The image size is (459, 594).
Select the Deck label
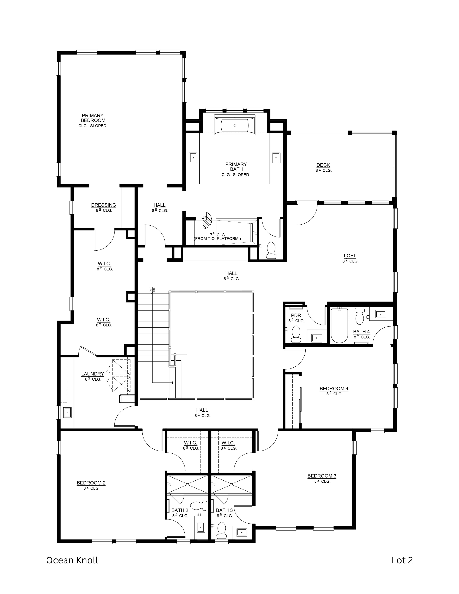click(x=323, y=165)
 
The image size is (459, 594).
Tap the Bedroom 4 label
click(x=334, y=389)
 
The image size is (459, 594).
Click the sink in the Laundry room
click(x=67, y=412)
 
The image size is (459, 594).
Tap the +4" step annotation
click(x=203, y=218)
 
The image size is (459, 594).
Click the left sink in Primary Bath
click(x=193, y=158)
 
